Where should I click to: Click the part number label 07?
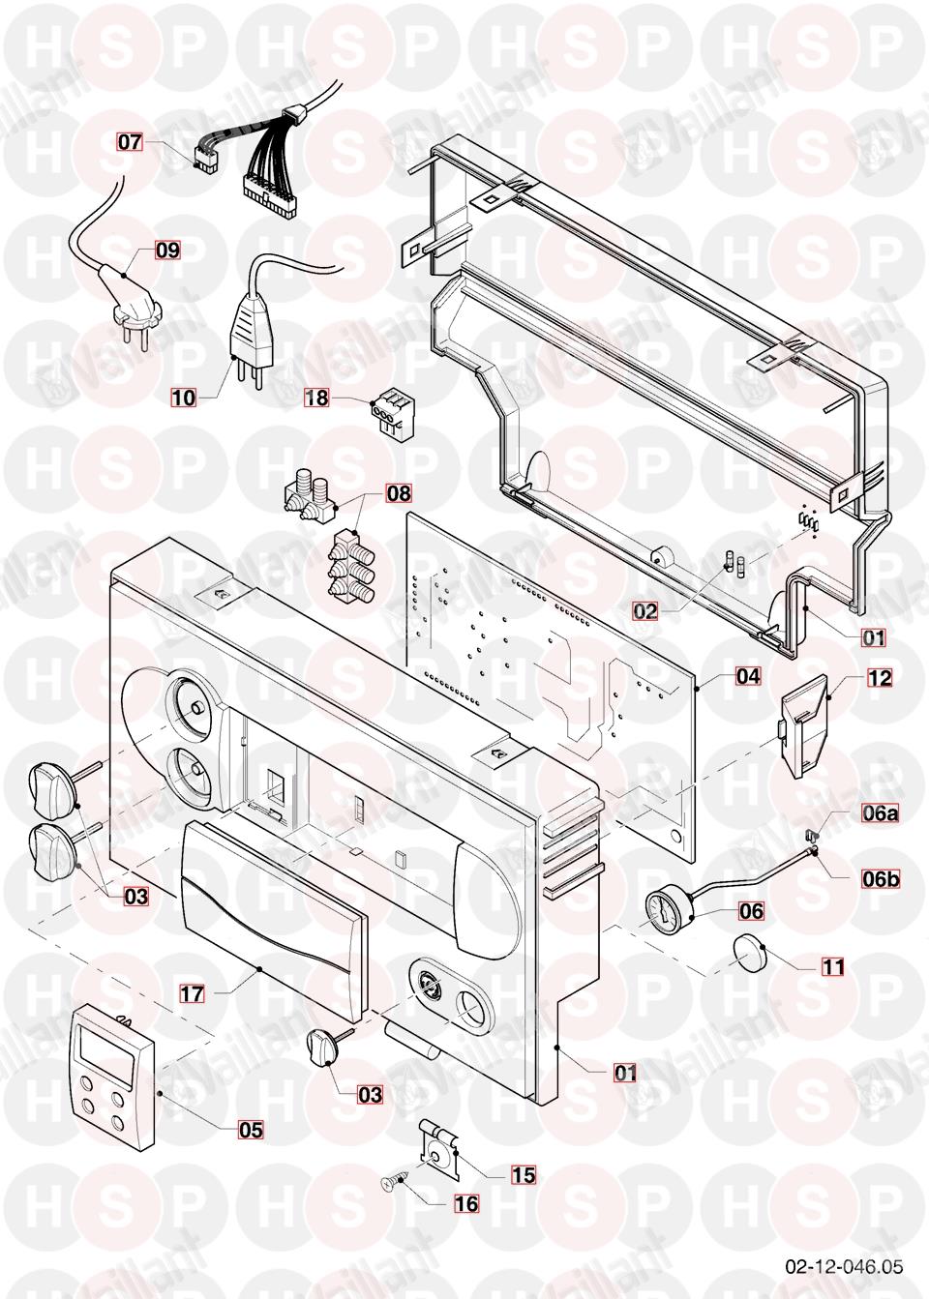pyautogui.click(x=131, y=142)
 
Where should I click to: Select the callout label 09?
pyautogui.click(x=167, y=251)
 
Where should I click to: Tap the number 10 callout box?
pyautogui.click(x=183, y=397)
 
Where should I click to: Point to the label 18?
pyautogui.click(x=317, y=397)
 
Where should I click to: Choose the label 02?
pyautogui.click(x=645, y=611)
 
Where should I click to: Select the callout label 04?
pyautogui.click(x=748, y=675)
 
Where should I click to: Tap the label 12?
pyautogui.click(x=879, y=678)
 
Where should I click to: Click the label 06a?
pyautogui.click(x=880, y=813)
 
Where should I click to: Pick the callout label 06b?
pyautogui.click(x=880, y=879)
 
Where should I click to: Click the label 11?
pyautogui.click(x=833, y=966)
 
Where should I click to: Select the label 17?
pyautogui.click(x=192, y=991)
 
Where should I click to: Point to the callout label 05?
pyautogui.click(x=251, y=1129)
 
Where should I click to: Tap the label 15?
pyautogui.click(x=524, y=1175)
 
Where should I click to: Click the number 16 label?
pyautogui.click(x=466, y=1204)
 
